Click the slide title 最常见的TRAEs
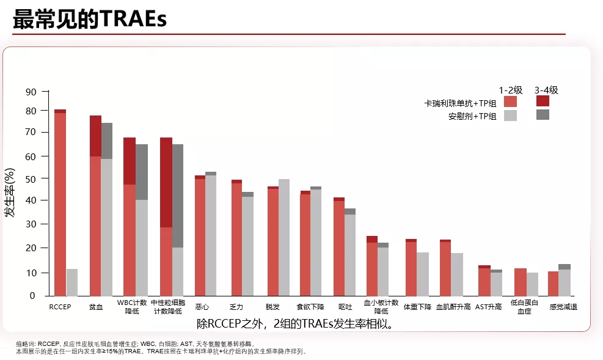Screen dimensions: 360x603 coord(90,19)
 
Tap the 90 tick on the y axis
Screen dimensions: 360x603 coord(30,92)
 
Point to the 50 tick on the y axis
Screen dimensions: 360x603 coord(30,178)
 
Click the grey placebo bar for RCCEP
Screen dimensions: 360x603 coord(72,282)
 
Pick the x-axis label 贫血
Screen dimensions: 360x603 coord(96,306)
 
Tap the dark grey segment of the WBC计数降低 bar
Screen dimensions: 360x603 coord(142,172)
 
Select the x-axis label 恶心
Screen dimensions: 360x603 coord(202,306)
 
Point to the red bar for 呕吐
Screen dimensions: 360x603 coord(339,248)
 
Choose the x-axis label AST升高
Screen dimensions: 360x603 coord(489,306)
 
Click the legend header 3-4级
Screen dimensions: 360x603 coord(546,90)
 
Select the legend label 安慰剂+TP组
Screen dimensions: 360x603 coord(472,116)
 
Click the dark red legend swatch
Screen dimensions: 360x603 coord(543,101)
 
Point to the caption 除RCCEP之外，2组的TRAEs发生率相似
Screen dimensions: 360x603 coord(294,323)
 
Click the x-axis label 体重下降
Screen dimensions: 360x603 coord(418,306)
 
